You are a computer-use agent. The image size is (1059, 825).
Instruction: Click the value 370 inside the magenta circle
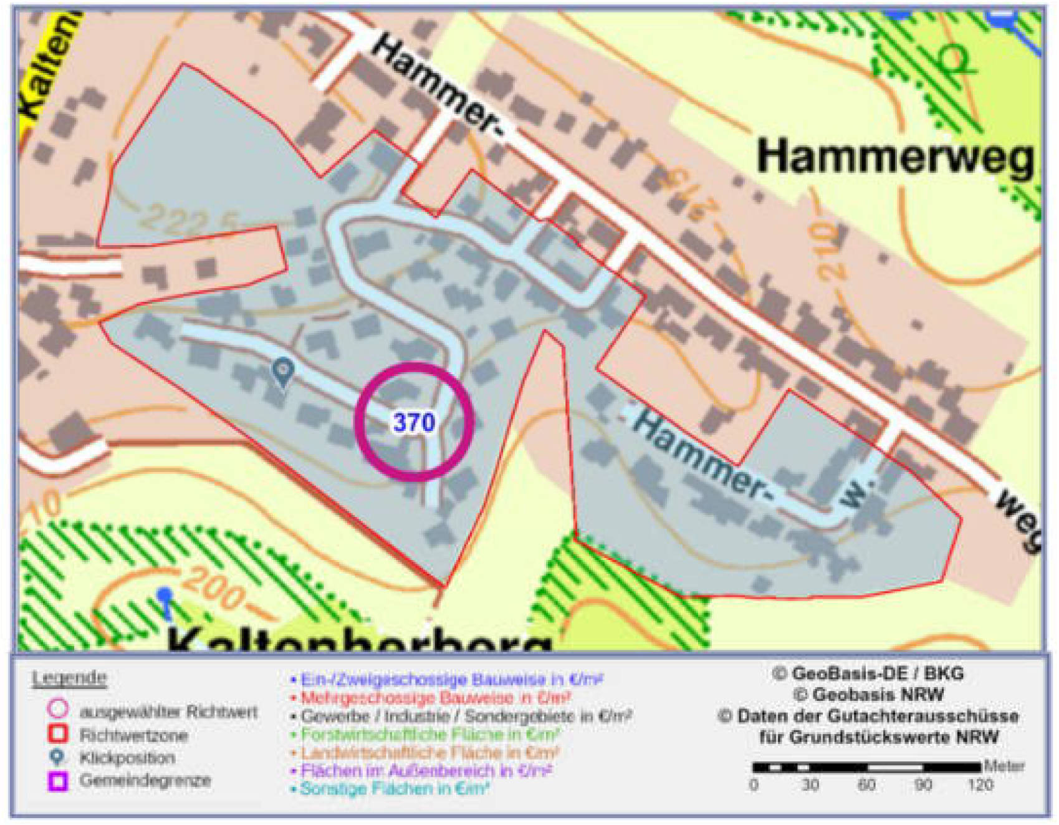click(x=414, y=422)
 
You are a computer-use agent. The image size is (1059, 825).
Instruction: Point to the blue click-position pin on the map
click(x=284, y=372)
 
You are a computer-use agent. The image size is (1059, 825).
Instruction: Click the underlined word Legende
click(x=69, y=678)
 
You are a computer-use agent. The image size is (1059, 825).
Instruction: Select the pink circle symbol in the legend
click(x=58, y=709)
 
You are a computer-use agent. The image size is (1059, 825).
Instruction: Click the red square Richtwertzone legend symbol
click(x=58, y=734)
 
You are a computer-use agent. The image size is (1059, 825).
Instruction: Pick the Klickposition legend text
click(x=127, y=758)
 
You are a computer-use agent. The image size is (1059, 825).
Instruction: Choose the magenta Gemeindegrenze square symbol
click(x=58, y=781)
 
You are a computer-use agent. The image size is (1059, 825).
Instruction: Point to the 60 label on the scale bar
click(x=866, y=784)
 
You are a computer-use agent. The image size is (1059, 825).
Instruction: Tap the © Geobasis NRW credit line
click(x=869, y=694)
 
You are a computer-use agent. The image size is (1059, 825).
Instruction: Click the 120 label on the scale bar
click(x=980, y=784)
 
